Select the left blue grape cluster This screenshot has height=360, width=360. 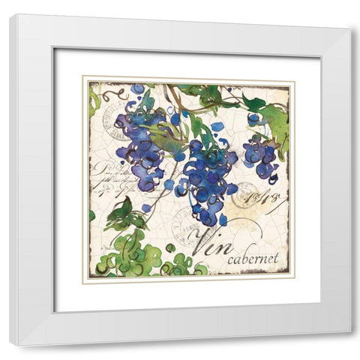(140, 142)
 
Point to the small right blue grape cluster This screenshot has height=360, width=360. (259, 156)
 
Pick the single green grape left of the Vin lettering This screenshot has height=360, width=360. (170, 247)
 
